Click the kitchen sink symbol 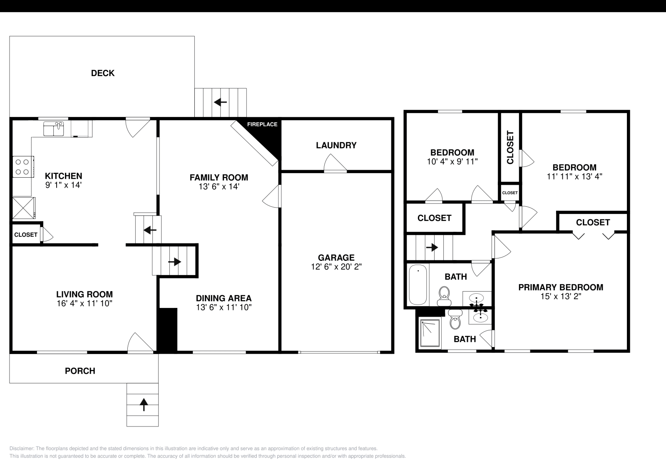click(x=54, y=129)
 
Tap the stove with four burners click(x=23, y=166)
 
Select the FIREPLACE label click(x=262, y=124)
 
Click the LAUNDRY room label click(x=336, y=145)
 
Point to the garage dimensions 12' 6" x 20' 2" click(x=336, y=267)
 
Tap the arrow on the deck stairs click(x=220, y=102)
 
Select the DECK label click(x=103, y=73)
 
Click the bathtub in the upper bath click(x=418, y=285)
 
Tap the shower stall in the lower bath click(x=430, y=333)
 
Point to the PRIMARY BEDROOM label click(x=560, y=287)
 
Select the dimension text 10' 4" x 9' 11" click(x=452, y=161)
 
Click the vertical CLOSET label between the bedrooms click(x=510, y=147)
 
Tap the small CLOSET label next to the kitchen click(x=26, y=235)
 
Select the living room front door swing click(x=139, y=343)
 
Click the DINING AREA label click(x=224, y=298)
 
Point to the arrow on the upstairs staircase click(x=432, y=248)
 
